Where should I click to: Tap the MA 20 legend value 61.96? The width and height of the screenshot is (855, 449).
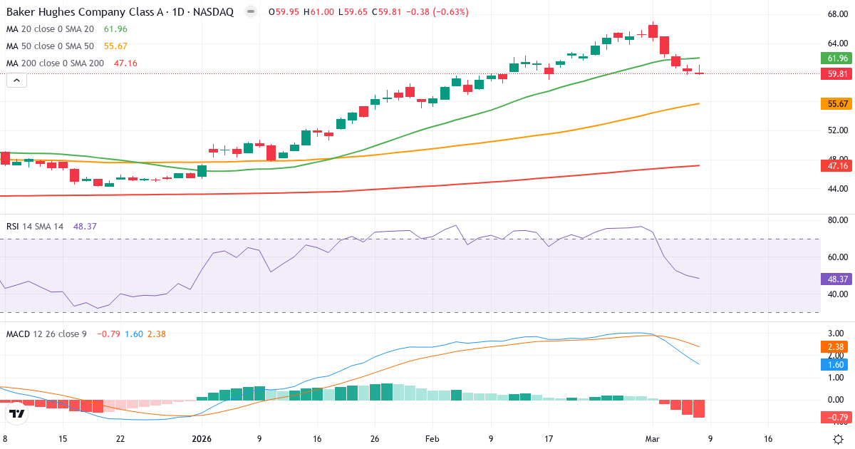pos(115,29)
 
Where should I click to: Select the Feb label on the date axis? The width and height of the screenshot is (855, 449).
pos(432,439)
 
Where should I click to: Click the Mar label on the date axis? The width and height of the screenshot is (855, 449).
pos(652,439)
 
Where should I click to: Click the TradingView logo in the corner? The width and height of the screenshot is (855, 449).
pos(17,413)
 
